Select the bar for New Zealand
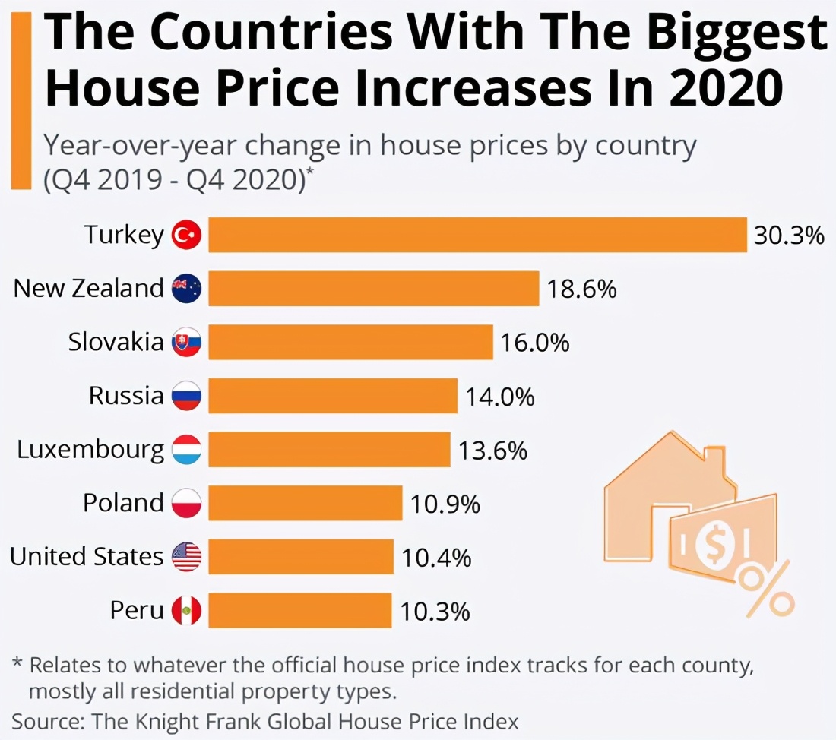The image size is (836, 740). (373, 289)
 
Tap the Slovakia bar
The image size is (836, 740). (350, 342)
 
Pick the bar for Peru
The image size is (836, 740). (300, 610)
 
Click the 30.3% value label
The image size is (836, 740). (789, 236)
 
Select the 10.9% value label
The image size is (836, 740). (445, 503)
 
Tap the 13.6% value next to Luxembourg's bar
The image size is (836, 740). (492, 450)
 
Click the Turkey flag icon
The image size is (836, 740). (186, 236)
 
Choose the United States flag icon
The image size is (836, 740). (186, 557)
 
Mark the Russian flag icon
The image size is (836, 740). (186, 397)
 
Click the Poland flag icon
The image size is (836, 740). (186, 503)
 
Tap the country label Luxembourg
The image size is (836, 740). (90, 450)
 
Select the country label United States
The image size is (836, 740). (87, 557)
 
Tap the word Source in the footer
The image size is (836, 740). (47, 720)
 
